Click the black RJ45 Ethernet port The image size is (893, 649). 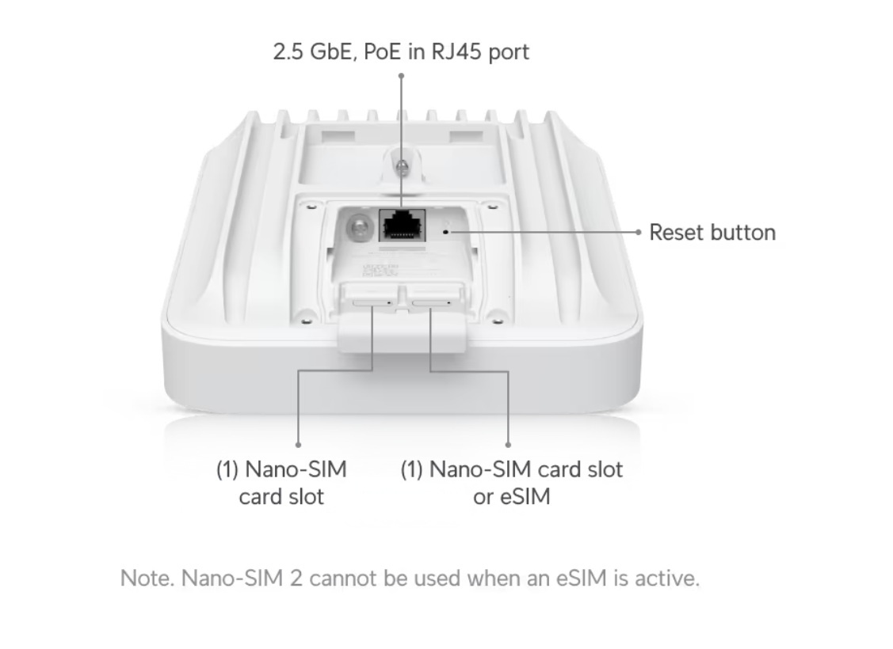click(x=402, y=226)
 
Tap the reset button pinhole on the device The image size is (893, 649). click(x=445, y=232)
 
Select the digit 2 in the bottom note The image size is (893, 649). click(x=296, y=579)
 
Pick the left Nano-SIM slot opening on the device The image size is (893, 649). click(x=372, y=302)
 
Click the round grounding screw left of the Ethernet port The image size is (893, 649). click(x=358, y=227)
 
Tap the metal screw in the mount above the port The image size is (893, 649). click(x=402, y=167)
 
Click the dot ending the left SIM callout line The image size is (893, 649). click(x=298, y=445)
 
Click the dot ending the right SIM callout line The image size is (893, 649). click(x=508, y=445)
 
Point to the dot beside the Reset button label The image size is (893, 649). click(x=639, y=232)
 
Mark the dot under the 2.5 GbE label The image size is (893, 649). click(x=402, y=75)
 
